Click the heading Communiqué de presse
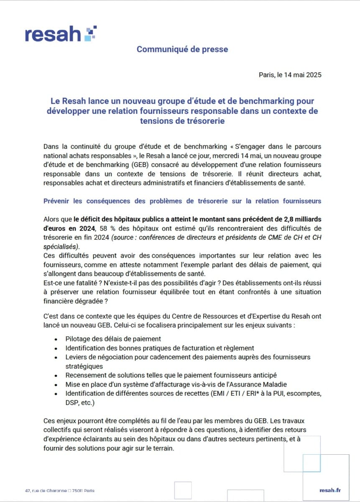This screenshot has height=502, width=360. (x=182, y=49)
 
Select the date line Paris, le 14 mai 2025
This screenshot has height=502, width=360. (x=290, y=75)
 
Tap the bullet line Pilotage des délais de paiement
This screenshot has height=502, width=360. (x=113, y=339)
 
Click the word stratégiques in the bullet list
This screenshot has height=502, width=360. (x=85, y=366)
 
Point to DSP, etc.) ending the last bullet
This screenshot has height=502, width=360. (x=80, y=402)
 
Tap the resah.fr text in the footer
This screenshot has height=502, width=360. (x=330, y=490)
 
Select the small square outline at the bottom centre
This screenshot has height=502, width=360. (x=183, y=490)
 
